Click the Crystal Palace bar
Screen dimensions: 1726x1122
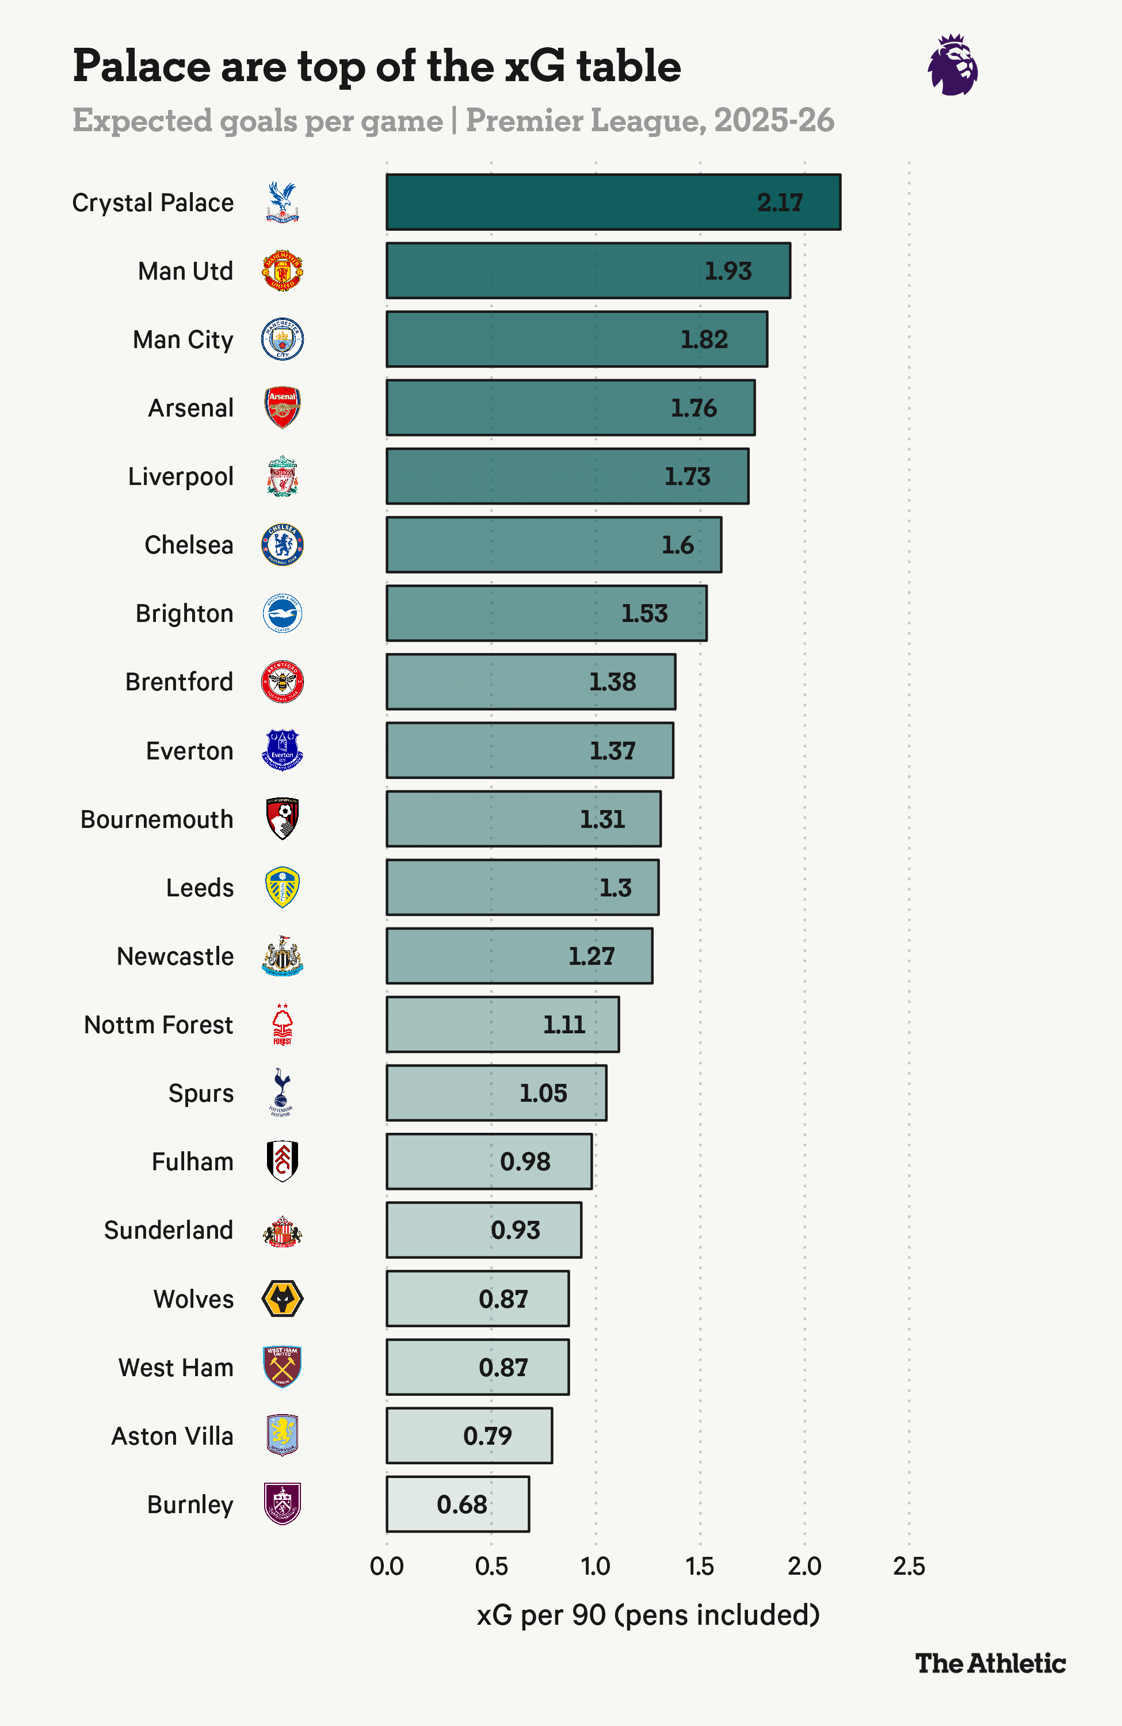coord(613,203)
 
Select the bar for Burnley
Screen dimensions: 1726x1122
coord(457,1504)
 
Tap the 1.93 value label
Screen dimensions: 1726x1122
coord(728,271)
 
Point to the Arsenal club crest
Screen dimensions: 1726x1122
coord(282,407)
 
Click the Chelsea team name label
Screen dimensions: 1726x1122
coord(189,545)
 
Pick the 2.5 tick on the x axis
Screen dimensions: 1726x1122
coord(909,1567)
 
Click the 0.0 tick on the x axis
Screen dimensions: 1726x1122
coord(387,1567)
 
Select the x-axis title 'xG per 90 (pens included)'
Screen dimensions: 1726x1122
coord(648,1615)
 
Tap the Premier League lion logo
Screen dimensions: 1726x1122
coord(952,64)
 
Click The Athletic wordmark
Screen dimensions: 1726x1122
coord(990,1663)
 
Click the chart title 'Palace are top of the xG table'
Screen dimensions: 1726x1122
coord(376,66)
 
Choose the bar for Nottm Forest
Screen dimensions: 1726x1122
coord(503,1025)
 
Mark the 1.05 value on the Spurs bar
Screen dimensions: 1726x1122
coord(543,1093)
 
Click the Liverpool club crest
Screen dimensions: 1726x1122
coord(282,476)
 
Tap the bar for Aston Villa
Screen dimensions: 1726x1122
coord(470,1436)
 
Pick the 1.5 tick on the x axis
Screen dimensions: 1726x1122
coord(700,1567)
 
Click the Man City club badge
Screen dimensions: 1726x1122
coord(282,339)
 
